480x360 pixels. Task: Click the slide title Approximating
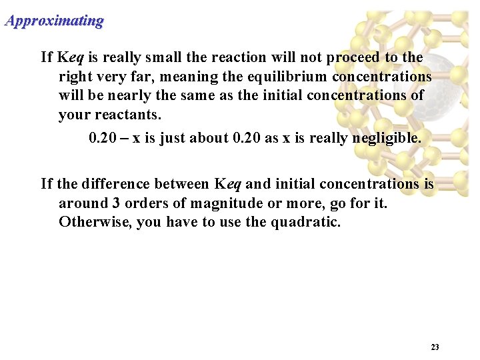click(x=54, y=21)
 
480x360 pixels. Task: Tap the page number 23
click(x=435, y=347)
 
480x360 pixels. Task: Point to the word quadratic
click(x=305, y=222)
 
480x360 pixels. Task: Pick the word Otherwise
click(x=95, y=222)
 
